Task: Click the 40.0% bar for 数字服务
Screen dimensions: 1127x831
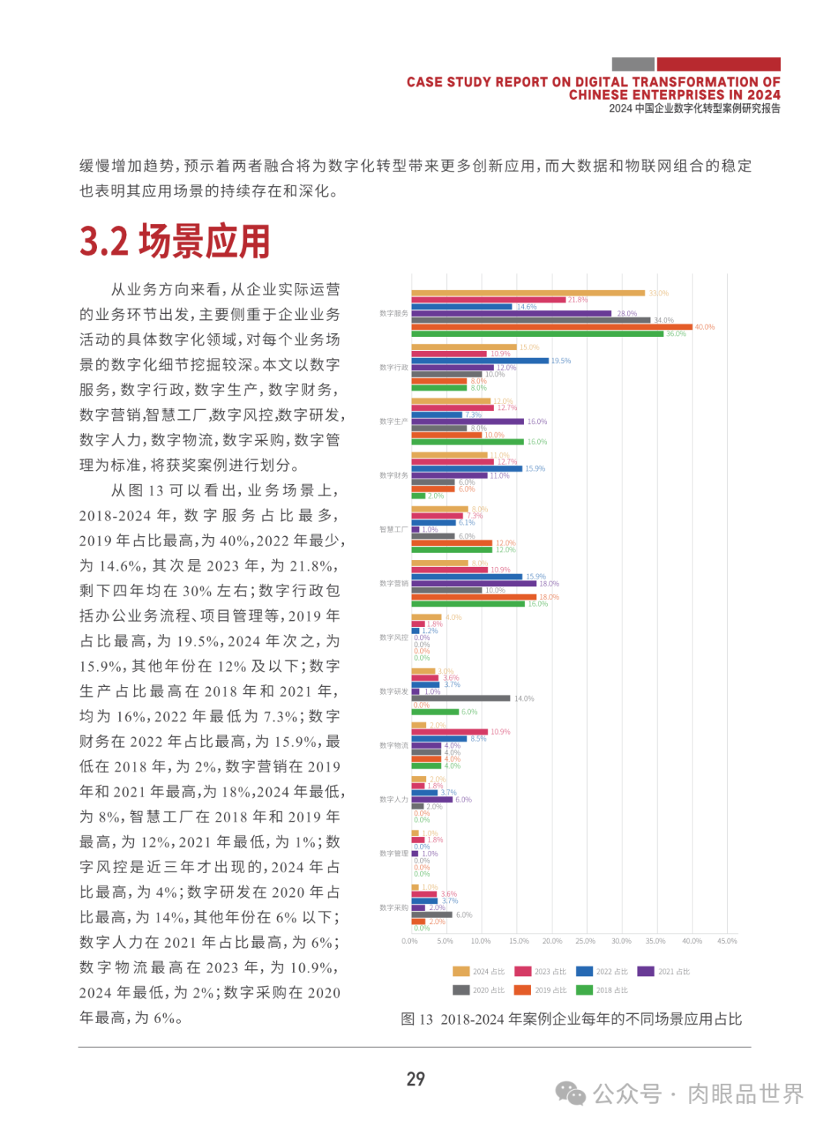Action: (x=551, y=327)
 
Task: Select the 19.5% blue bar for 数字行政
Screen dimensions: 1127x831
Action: (x=479, y=361)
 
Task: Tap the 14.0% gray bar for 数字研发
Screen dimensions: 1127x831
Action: (x=460, y=699)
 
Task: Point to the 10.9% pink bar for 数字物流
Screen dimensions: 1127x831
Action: (x=449, y=732)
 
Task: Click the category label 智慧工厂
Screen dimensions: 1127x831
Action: (x=393, y=529)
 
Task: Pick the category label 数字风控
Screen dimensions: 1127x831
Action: (x=393, y=638)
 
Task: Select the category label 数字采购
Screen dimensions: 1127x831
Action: (x=393, y=908)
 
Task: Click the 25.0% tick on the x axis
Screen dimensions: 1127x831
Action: (x=585, y=941)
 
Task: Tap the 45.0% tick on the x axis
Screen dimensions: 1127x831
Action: (x=726, y=941)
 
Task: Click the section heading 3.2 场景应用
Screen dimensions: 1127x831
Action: (x=175, y=242)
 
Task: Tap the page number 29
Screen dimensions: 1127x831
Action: (x=415, y=1079)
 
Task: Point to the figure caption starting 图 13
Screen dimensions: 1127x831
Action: (x=571, y=1019)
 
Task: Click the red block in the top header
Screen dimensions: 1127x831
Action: (x=718, y=65)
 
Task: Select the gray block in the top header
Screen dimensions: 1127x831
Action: (x=632, y=65)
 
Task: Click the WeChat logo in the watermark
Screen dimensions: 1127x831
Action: (x=570, y=1093)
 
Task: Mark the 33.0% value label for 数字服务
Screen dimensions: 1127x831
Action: (x=659, y=293)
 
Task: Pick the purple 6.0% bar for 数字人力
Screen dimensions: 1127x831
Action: (x=432, y=799)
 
